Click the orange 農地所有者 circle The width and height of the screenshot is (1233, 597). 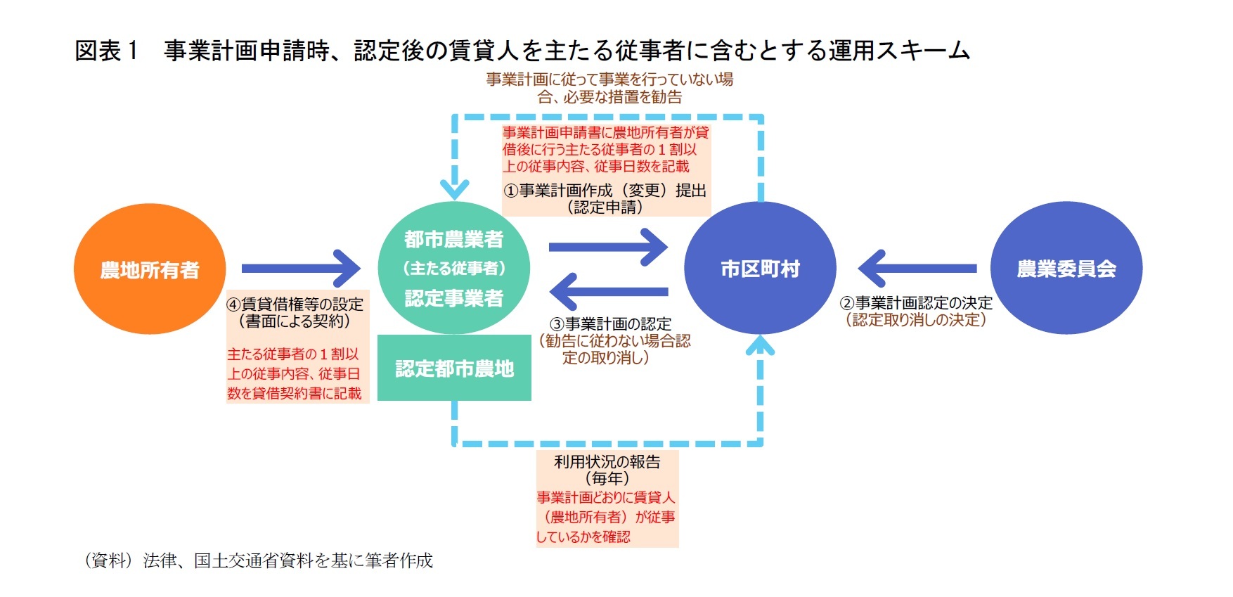[x=150, y=269]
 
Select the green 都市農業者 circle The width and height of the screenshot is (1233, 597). [x=453, y=267]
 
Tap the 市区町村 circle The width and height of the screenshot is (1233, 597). [x=760, y=268]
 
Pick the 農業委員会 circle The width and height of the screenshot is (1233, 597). [x=1066, y=268]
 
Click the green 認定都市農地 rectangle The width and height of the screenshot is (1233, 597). [x=454, y=368]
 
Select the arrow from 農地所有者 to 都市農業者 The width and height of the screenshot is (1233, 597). [x=301, y=269]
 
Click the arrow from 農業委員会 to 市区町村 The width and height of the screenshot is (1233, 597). [x=917, y=268]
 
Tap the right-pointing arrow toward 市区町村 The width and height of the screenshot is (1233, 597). [x=607, y=247]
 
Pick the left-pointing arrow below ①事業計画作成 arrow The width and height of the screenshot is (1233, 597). [x=607, y=290]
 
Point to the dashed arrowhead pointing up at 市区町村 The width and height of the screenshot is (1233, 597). [x=760, y=346]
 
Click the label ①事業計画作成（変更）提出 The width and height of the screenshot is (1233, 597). [x=605, y=191]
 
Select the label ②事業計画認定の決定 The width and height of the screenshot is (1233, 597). [x=916, y=303]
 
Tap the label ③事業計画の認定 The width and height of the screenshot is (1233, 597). [x=610, y=324]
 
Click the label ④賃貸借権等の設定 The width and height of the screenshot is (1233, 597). [x=295, y=304]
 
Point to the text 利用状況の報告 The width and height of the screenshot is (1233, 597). [x=607, y=462]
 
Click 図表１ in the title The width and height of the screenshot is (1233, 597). [x=107, y=51]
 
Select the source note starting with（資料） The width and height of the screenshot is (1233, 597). [x=257, y=560]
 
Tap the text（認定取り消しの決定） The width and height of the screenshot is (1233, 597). [x=916, y=320]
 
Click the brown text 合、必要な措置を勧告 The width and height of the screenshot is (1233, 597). [x=609, y=97]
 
